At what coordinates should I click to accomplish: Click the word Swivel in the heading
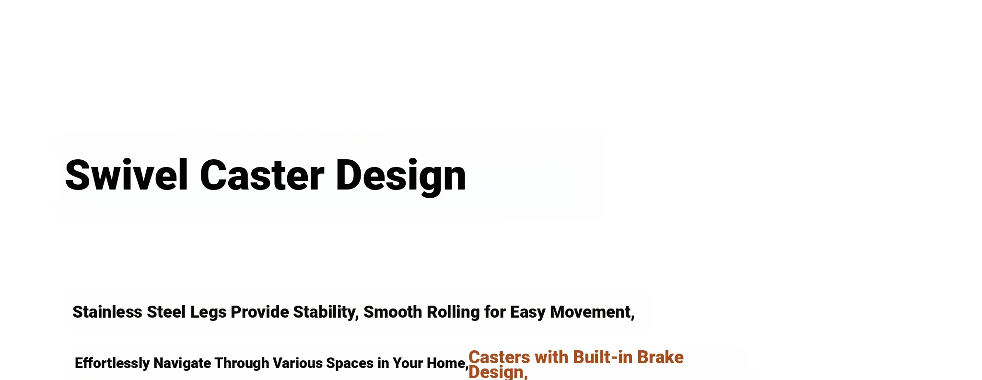126,175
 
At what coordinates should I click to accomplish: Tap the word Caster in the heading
262,175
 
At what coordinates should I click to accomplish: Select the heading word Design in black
401,177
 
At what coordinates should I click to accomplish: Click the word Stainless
107,312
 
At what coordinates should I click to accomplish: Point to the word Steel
166,312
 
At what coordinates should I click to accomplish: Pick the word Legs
209,313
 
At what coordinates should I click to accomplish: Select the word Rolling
453,313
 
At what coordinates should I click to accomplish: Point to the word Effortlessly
112,364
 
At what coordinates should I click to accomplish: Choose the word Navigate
182,364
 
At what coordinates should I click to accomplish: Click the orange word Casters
499,357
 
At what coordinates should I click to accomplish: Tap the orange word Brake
660,357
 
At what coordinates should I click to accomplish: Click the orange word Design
498,373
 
